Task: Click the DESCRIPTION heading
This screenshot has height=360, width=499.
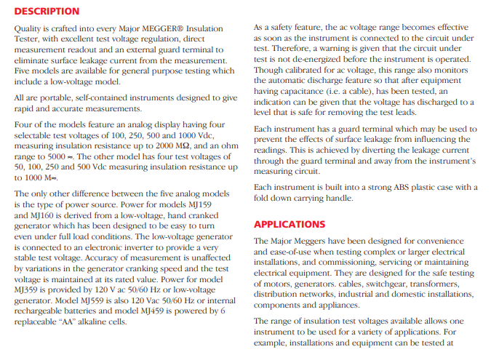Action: click(x=47, y=12)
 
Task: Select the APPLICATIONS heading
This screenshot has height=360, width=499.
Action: click(x=290, y=224)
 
